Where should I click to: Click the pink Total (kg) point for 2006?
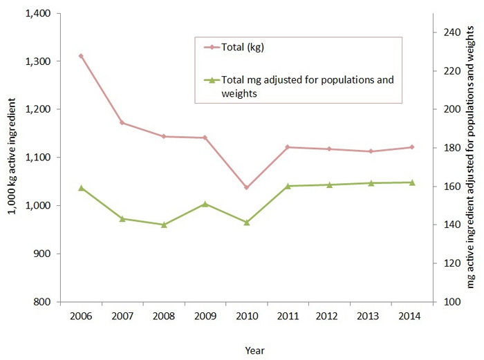click(81, 56)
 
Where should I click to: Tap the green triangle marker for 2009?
click(205, 204)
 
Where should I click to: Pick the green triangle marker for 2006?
click(81, 188)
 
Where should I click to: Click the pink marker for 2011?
click(288, 147)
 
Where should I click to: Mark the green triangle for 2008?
click(164, 225)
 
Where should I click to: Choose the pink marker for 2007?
click(122, 123)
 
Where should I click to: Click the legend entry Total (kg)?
click(243, 48)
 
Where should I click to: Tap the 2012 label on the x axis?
click(328, 315)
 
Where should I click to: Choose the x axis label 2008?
click(164, 315)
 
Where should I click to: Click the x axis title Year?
click(254, 350)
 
